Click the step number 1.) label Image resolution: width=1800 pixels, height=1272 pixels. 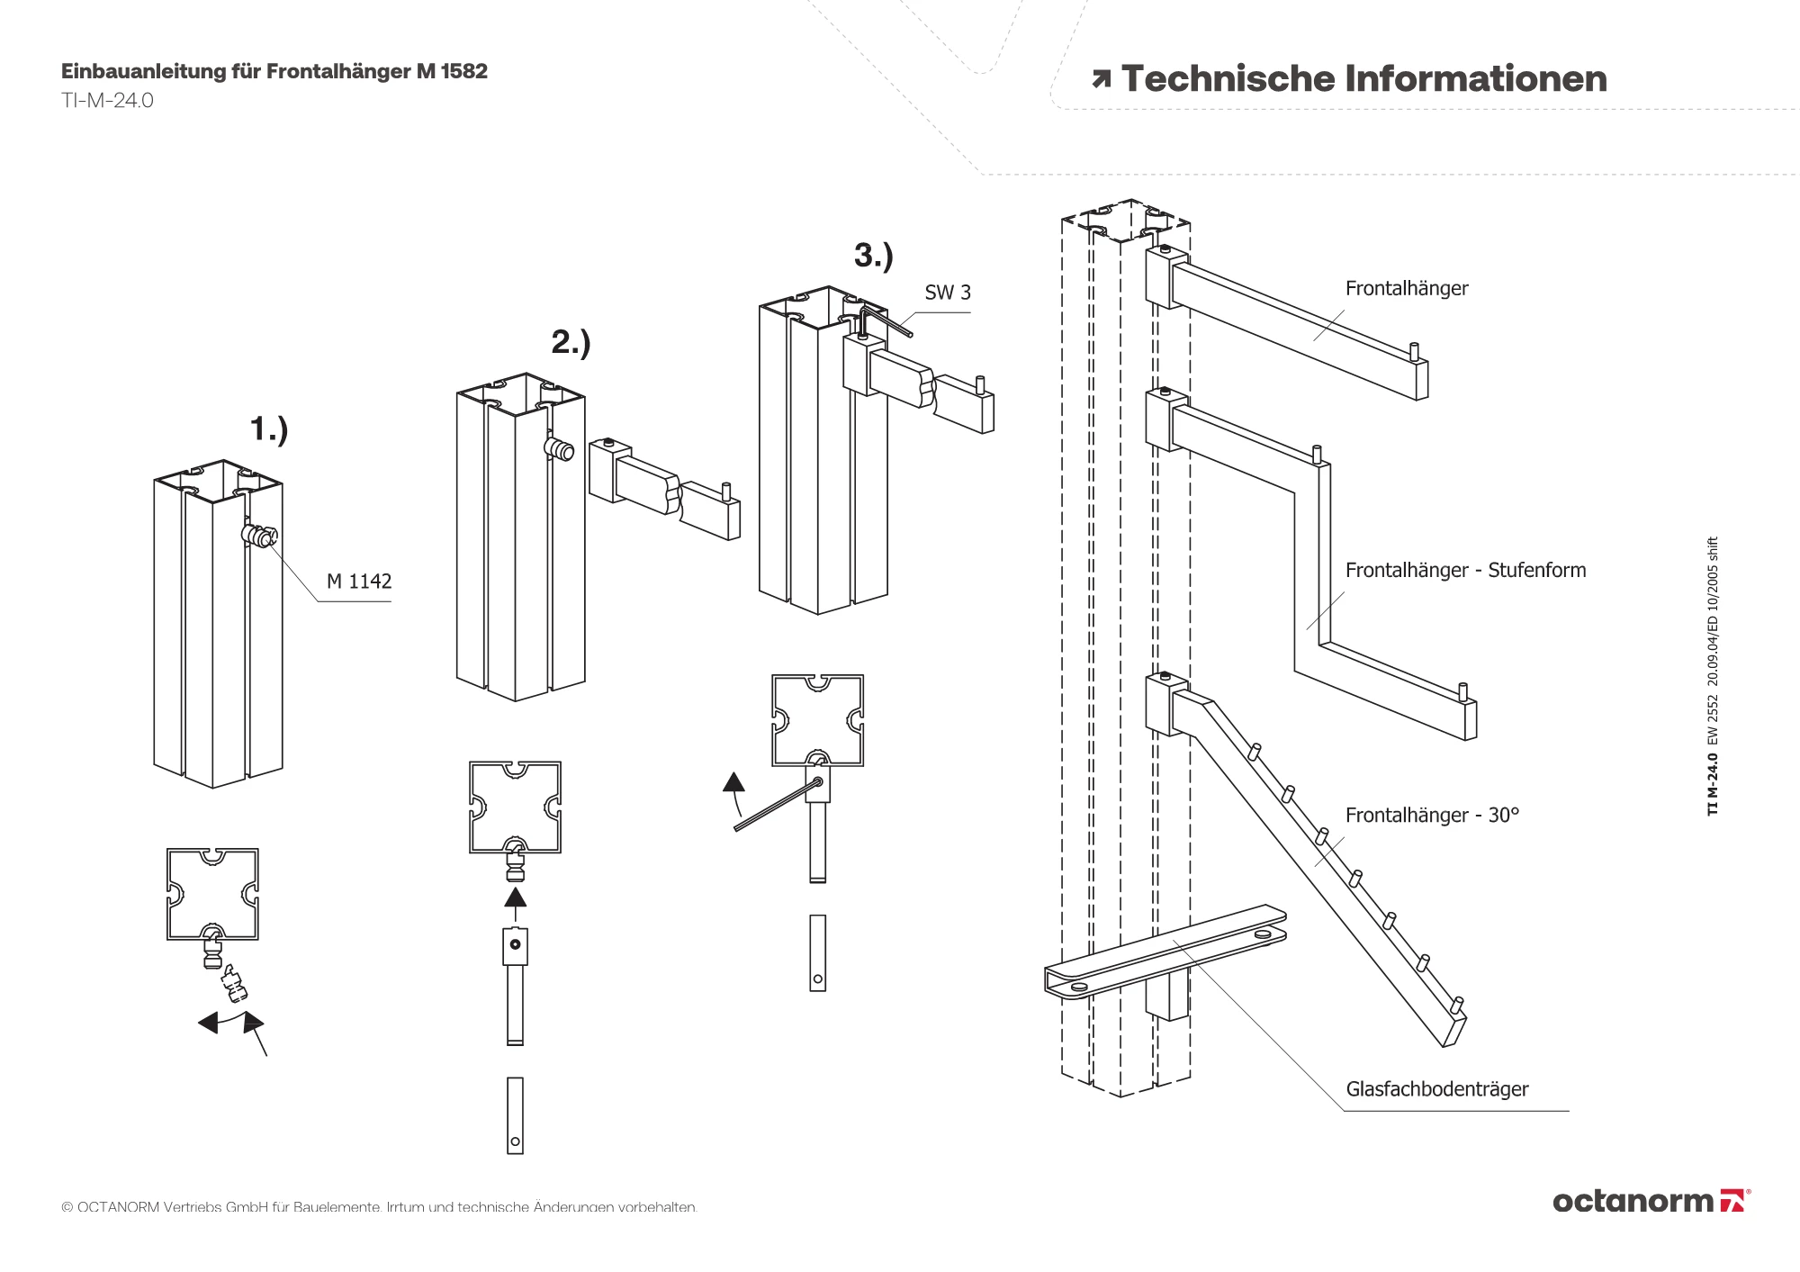[x=269, y=429]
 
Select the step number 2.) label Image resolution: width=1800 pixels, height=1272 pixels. [x=571, y=342]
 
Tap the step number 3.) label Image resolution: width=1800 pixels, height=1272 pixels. [x=873, y=256]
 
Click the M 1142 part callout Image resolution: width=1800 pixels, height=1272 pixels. [x=359, y=582]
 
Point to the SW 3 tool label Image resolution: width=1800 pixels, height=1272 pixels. [x=948, y=293]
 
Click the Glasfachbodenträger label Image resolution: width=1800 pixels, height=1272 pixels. [x=1436, y=1089]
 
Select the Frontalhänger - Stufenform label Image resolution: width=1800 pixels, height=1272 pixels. [x=1465, y=570]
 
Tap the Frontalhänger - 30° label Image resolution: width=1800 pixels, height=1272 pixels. [x=1432, y=815]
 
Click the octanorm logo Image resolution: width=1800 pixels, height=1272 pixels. [x=1651, y=1201]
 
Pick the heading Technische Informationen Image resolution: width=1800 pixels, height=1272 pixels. [x=1363, y=79]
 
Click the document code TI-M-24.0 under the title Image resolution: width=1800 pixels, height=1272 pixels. [x=107, y=101]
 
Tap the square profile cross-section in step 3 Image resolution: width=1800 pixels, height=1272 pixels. [x=817, y=720]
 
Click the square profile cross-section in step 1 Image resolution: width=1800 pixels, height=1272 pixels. [x=212, y=894]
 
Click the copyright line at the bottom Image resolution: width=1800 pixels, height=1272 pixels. [x=379, y=1207]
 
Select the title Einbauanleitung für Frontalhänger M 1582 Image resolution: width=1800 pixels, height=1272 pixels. [x=274, y=71]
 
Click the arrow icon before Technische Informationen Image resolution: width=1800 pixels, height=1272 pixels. [x=1101, y=79]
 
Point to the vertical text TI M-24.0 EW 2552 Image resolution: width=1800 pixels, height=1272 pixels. [x=1713, y=676]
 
